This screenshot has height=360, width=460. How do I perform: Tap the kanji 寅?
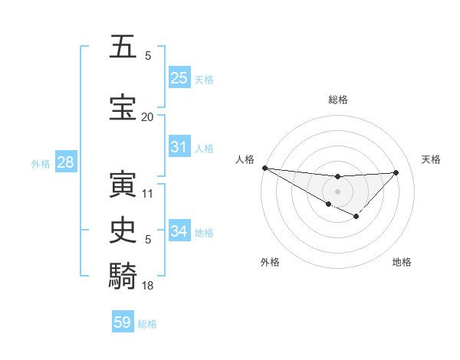[x=122, y=185]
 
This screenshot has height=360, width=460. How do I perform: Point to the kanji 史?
[x=122, y=231]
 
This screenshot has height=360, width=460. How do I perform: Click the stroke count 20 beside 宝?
[x=147, y=117]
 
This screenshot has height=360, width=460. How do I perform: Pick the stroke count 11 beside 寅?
[x=147, y=194]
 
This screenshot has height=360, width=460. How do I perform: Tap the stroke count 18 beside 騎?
[x=147, y=286]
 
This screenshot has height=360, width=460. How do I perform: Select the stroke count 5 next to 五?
[x=148, y=56]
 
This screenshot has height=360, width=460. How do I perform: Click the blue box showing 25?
[x=179, y=78]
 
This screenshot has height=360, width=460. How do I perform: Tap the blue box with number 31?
[x=179, y=147]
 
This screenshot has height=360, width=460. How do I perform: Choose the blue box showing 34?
[x=179, y=231]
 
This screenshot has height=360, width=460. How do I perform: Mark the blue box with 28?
[x=64, y=162]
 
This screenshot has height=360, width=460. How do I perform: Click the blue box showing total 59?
[x=122, y=322]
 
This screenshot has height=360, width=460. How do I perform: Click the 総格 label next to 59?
[x=148, y=324]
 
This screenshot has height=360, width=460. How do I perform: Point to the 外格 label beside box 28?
[x=41, y=164]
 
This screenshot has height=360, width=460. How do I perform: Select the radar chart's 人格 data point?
[x=264, y=168]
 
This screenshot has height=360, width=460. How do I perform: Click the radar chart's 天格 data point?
[x=396, y=172]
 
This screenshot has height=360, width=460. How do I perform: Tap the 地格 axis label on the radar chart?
[x=402, y=263]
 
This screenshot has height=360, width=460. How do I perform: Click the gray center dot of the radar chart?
[x=337, y=191]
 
